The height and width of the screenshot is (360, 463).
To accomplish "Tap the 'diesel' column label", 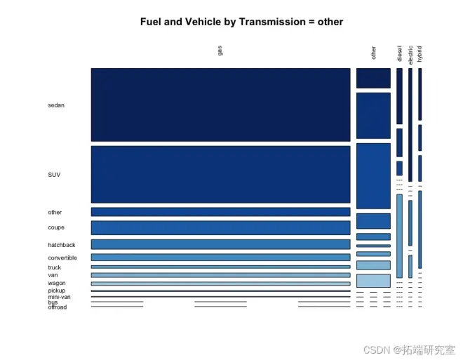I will (x=400, y=54).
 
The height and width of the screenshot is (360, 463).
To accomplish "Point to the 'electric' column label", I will (x=410, y=53).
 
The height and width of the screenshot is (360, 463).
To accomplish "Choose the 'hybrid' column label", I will (x=420, y=54).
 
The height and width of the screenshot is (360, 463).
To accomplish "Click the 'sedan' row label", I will (x=56, y=105).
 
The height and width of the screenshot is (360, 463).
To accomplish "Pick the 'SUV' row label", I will (x=54, y=175).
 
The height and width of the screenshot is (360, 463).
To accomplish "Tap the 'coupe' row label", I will (x=56, y=227).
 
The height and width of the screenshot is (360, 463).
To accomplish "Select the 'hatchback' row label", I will (x=62, y=245).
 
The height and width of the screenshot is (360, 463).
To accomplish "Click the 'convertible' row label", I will (x=62, y=258).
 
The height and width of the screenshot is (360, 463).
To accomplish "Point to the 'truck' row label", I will (x=55, y=267).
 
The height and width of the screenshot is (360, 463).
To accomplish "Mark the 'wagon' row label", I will (x=57, y=284).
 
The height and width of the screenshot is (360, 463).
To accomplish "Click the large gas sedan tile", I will (x=220, y=105).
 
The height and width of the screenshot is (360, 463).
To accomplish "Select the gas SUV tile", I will (x=220, y=174).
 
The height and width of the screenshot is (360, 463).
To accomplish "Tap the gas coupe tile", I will (x=220, y=227).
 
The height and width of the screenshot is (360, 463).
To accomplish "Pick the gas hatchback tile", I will (x=220, y=244).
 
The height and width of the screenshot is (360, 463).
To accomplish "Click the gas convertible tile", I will (x=220, y=258).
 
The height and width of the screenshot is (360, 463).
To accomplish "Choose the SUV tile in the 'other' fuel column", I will (x=373, y=175).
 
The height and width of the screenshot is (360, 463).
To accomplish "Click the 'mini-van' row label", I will (x=59, y=297).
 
